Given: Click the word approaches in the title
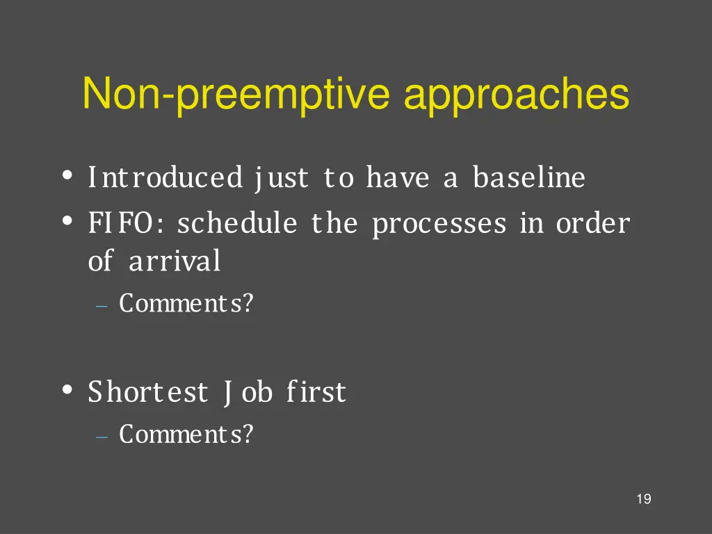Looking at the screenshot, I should (x=517, y=95).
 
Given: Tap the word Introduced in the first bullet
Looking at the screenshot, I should (x=165, y=178).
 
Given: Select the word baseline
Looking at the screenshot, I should (x=529, y=178).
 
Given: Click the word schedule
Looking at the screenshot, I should (x=236, y=224).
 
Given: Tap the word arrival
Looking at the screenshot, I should (x=175, y=261).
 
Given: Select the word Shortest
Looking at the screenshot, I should (x=147, y=392).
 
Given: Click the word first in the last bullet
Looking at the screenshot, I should (x=316, y=392).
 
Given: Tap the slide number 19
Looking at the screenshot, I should (x=643, y=499).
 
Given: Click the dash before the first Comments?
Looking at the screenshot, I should (x=102, y=306).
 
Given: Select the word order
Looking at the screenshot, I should (x=592, y=224).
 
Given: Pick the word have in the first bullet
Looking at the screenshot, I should (x=397, y=178).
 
